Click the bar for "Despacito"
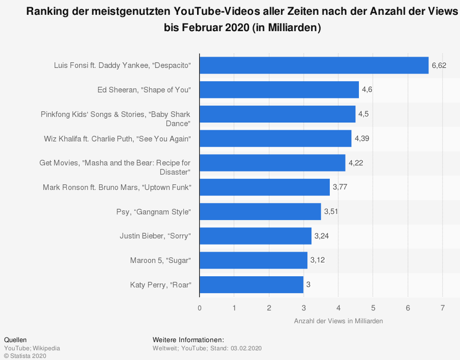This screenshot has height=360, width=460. click(x=314, y=65)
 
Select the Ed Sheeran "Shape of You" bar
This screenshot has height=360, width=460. click(x=279, y=90)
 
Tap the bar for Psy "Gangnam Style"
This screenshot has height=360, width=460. click(x=260, y=211)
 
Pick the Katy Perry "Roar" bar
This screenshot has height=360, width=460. click(x=251, y=285)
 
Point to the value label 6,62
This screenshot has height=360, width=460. click(x=439, y=65)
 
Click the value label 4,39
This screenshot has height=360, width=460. click(x=362, y=139)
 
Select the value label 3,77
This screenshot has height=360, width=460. click(x=340, y=187)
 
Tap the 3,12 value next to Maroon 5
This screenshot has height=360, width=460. click(x=318, y=260)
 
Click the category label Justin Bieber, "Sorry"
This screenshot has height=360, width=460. click(x=155, y=236)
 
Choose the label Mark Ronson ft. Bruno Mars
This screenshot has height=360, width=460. click(x=117, y=187)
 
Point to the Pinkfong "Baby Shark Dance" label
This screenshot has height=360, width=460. click(x=116, y=119)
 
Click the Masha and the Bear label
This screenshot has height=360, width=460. click(x=115, y=167)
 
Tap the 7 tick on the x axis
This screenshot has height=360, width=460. click(x=443, y=308)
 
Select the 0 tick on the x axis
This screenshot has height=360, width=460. click(x=200, y=308)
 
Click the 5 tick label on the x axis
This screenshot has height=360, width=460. click(x=373, y=308)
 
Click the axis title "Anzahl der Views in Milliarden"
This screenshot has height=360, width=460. click(x=338, y=321)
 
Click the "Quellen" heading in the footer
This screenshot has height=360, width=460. click(x=15, y=340)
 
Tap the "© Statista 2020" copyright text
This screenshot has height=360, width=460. click(x=25, y=356)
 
